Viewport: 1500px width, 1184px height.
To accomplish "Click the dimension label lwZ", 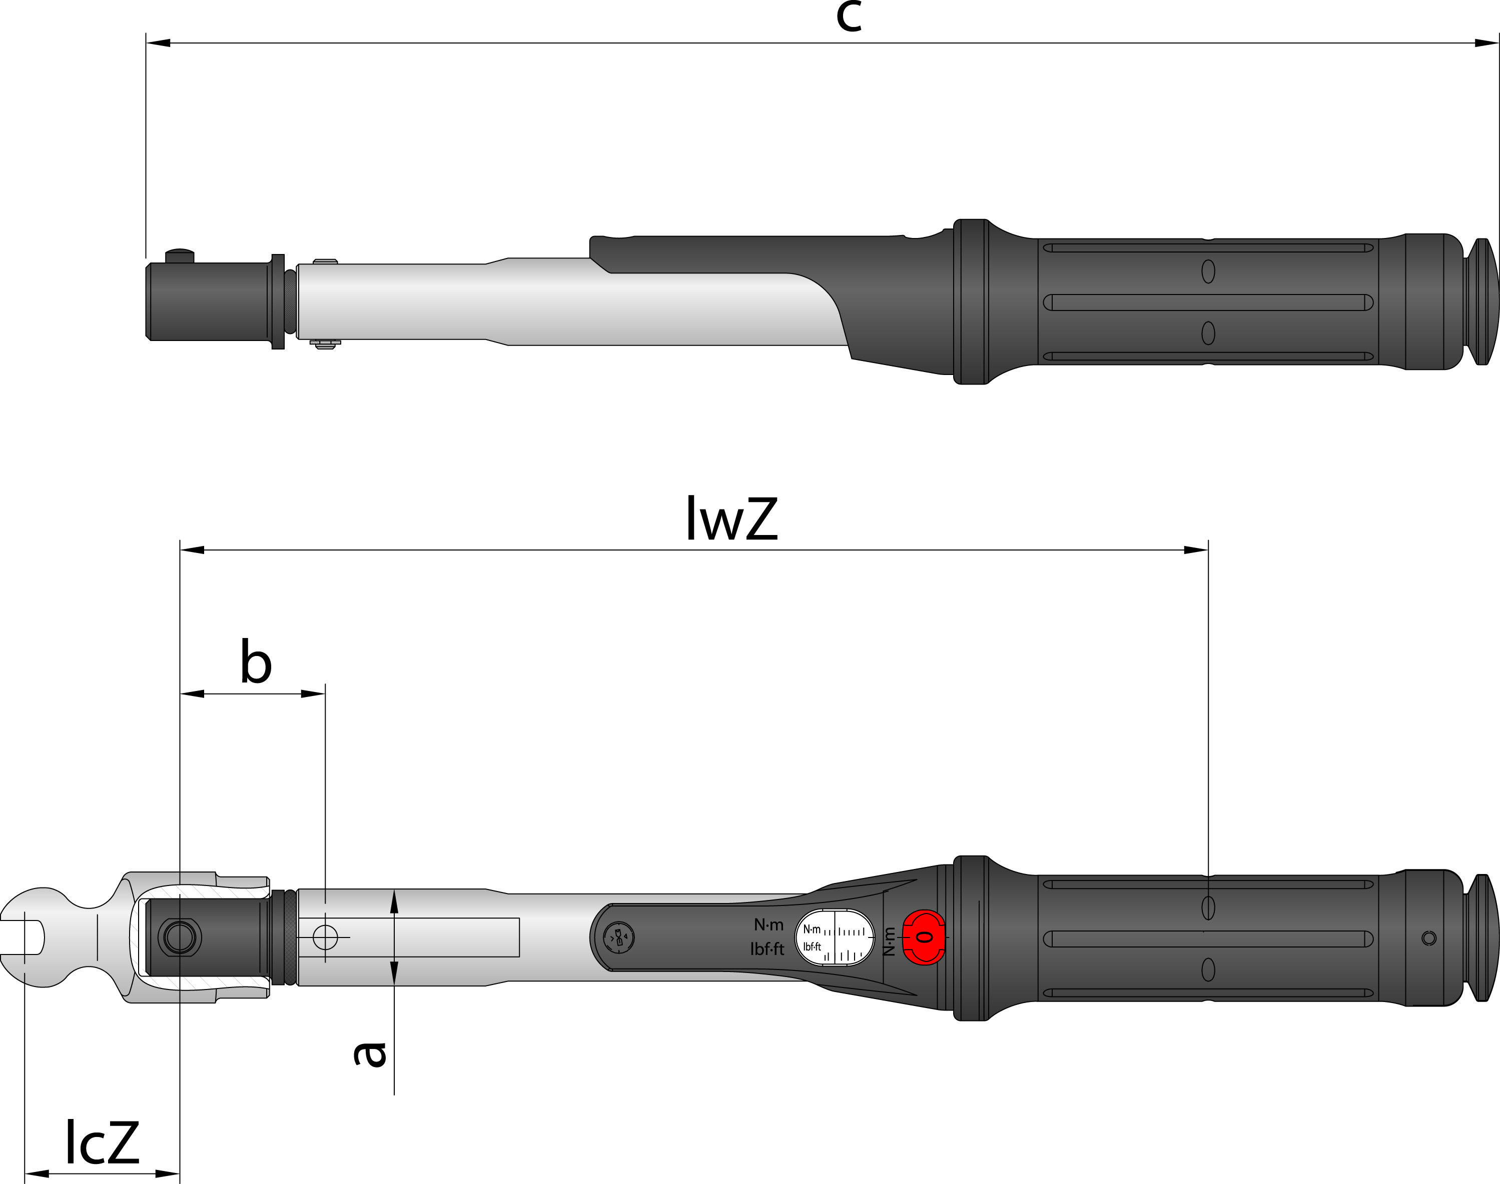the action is pyautogui.click(x=731, y=518).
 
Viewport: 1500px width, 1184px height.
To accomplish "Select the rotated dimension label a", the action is pyautogui.click(x=370, y=1053).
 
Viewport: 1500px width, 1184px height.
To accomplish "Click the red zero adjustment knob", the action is pyautogui.click(x=924, y=937).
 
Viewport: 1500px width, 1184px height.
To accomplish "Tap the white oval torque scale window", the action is pyautogui.click(x=834, y=937).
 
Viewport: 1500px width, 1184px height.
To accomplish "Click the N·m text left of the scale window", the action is pyautogui.click(x=769, y=924).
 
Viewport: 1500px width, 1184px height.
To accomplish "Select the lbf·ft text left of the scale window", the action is pyautogui.click(x=767, y=949).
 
